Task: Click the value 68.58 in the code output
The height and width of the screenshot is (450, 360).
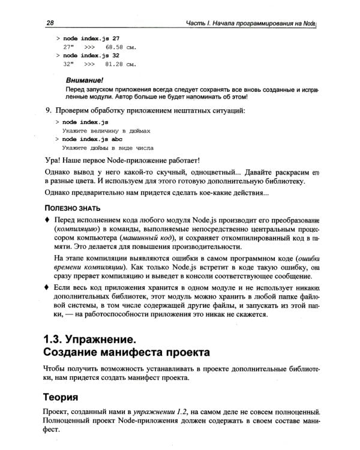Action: tap(116, 46)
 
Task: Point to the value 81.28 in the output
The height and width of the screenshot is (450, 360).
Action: tap(116, 64)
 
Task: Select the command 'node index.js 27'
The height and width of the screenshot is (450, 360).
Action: tap(91, 38)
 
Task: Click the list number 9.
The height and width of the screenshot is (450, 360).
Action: tap(48, 110)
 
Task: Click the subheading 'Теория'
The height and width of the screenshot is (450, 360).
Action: tap(65, 397)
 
